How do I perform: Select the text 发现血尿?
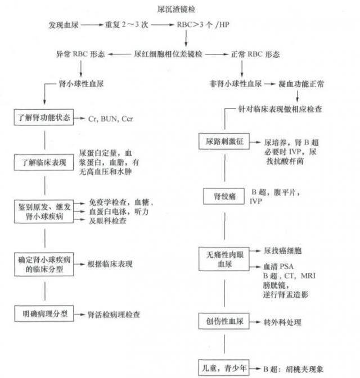click(64, 26)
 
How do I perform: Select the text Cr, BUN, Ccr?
click(111, 119)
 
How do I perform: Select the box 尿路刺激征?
click(223, 143)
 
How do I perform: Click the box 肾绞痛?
click(223, 196)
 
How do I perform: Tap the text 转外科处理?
click(282, 323)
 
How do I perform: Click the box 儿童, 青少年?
click(223, 368)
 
